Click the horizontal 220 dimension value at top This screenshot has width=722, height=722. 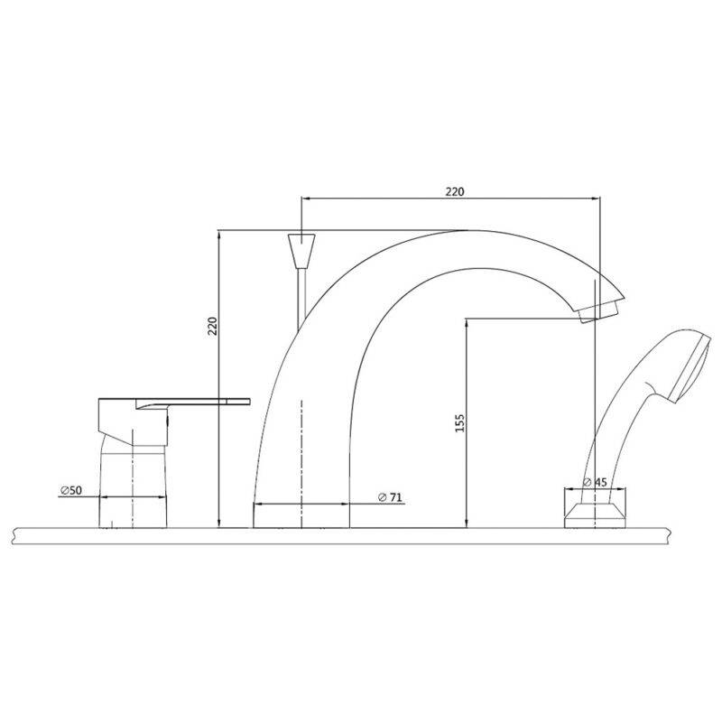[455, 191]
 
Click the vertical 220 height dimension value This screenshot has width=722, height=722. [212, 326]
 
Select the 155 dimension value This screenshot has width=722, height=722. [460, 423]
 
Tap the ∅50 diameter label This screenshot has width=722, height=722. [70, 490]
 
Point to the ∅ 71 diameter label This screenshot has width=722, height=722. [390, 497]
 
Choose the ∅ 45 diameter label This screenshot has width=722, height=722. [595, 482]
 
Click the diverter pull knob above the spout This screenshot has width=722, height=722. [301, 251]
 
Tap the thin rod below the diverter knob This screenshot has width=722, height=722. [301, 300]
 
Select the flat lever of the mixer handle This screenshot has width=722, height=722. [193, 402]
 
